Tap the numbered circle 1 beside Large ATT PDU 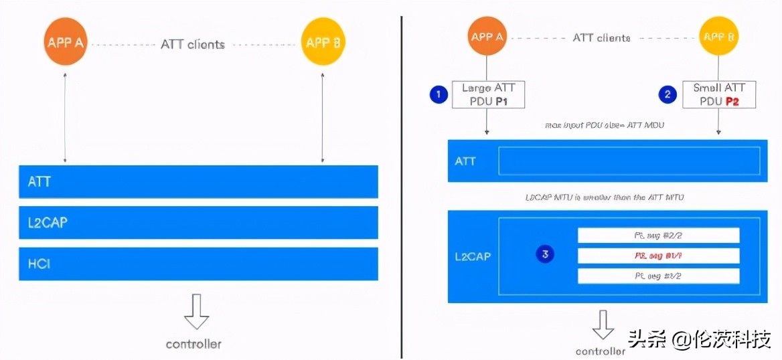[439, 95]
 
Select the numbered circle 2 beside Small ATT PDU [667, 95]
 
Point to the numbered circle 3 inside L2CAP [546, 254]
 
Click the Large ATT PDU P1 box [488, 94]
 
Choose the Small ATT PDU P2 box [718, 94]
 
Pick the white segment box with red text [658, 256]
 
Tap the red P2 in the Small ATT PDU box [732, 102]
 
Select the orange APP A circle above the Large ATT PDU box [487, 37]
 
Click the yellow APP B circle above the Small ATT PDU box [718, 37]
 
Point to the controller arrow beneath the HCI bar [196, 311]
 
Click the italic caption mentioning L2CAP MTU [605, 197]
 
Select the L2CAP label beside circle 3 [473, 256]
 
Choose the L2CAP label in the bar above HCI [48, 223]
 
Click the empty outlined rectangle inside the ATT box [629, 161]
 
